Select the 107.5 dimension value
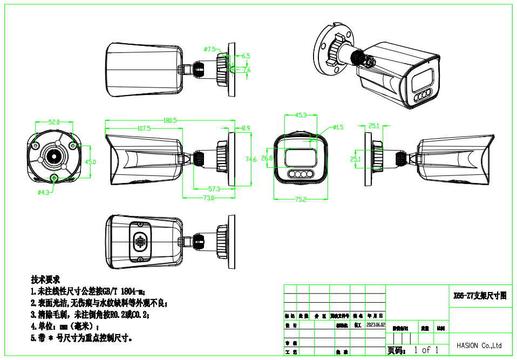(x=144, y=128)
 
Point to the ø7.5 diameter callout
(x=210, y=49)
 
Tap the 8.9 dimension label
(x=246, y=128)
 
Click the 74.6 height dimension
(x=250, y=159)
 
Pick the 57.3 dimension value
(x=214, y=189)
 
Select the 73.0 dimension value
(x=208, y=198)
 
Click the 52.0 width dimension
(x=54, y=122)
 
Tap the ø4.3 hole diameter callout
(x=43, y=192)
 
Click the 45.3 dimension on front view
(x=301, y=116)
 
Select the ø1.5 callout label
(x=338, y=127)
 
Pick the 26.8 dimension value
(x=267, y=158)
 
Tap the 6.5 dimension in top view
(x=246, y=56)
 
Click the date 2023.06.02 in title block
(x=376, y=325)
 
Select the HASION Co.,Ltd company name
(x=479, y=345)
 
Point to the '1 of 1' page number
(x=426, y=350)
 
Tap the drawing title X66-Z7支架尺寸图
(x=480, y=296)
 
